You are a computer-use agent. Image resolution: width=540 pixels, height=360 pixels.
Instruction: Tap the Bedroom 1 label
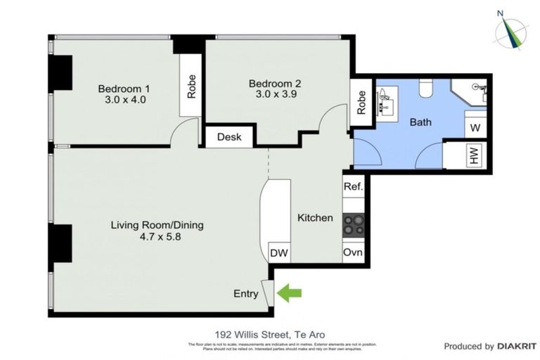[x=124, y=89]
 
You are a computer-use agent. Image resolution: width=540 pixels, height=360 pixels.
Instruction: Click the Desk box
[x=229, y=137]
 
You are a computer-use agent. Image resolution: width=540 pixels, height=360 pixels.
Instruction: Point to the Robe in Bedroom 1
[x=191, y=86]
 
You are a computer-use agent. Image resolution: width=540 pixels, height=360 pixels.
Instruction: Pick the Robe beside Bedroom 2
[x=361, y=103]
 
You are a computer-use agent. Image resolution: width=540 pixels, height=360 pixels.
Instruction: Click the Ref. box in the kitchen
[x=353, y=187]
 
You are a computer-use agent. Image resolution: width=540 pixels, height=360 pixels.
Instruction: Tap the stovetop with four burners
[x=353, y=224]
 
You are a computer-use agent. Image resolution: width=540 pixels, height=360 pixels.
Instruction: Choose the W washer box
[x=475, y=128]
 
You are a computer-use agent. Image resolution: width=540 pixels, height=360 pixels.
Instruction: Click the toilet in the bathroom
[x=425, y=88]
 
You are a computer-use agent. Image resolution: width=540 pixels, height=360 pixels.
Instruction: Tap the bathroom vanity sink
[x=386, y=100]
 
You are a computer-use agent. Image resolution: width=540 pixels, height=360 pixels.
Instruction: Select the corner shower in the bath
[x=470, y=91]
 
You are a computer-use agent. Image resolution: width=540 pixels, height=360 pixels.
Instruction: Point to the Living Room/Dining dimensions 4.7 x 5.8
[x=157, y=237]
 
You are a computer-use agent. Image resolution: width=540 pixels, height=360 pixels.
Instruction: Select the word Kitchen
[x=314, y=218]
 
